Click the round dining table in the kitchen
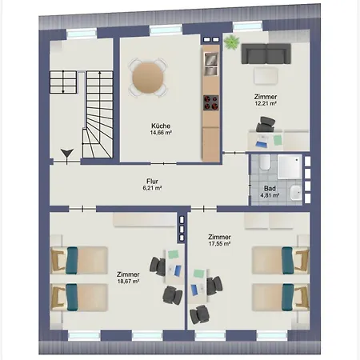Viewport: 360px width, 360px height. point(148,78)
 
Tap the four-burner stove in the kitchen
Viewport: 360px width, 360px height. point(211,102)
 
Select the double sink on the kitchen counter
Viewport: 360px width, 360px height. point(211,64)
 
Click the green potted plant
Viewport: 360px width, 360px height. point(231,42)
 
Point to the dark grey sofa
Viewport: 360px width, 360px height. point(266,54)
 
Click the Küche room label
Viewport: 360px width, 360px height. point(161,126)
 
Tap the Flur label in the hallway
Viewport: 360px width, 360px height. point(152,182)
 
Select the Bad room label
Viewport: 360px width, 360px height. point(270,188)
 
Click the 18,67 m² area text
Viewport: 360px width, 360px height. point(128,281)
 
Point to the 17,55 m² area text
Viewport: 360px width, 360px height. point(219,243)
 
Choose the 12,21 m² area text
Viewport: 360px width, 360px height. point(266,103)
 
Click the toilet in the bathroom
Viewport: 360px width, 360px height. point(265,162)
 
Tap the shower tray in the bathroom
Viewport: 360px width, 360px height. point(290,166)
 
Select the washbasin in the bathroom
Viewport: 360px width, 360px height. point(296,193)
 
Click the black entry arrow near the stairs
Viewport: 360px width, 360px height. point(67,154)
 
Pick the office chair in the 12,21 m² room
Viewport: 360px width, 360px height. point(266,124)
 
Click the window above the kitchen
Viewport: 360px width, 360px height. point(166,29)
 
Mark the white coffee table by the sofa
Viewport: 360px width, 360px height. point(266,76)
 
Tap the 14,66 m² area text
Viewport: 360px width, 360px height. point(161,133)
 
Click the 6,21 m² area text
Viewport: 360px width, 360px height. point(152,188)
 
